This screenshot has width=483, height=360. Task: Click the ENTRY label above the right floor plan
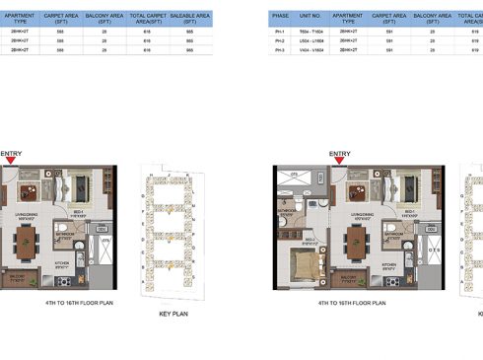pyautogui.click(x=339, y=154)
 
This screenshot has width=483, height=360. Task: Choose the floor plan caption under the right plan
pyautogui.click(x=353, y=303)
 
